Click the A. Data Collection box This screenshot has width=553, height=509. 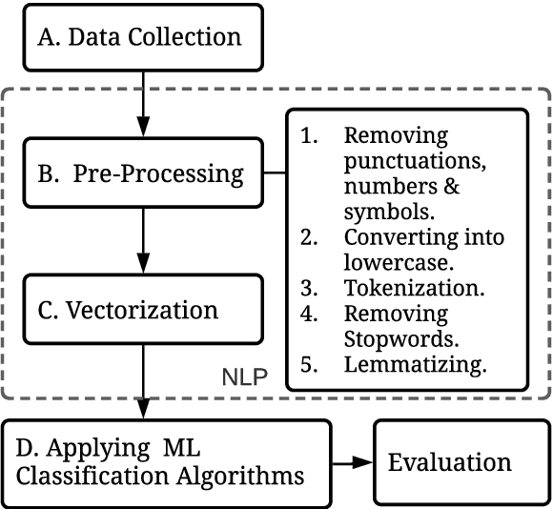[x=142, y=38]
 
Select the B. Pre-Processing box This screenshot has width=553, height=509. [x=142, y=174]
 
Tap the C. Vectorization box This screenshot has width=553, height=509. [x=142, y=310]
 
